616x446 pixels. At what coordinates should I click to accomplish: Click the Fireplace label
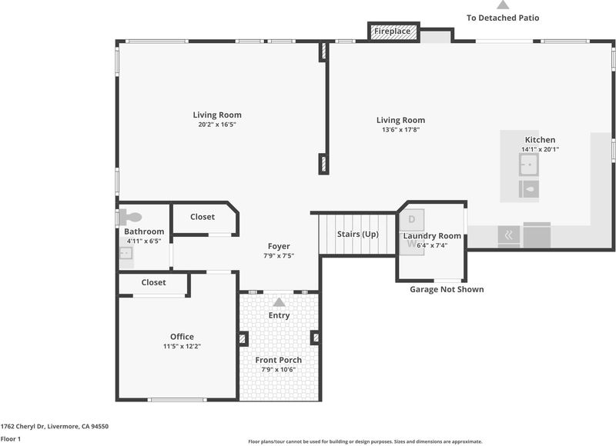click(x=392, y=31)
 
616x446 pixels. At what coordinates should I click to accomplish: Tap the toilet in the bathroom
click(x=130, y=217)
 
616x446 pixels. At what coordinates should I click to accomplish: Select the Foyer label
click(x=279, y=246)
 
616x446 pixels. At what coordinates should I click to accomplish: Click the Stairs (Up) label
click(x=357, y=235)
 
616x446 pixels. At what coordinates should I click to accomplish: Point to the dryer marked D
click(x=412, y=220)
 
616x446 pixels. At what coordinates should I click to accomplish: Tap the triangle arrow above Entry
click(x=279, y=302)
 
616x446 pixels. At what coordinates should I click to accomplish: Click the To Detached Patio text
click(x=503, y=18)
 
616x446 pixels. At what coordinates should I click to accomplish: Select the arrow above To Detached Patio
click(x=503, y=5)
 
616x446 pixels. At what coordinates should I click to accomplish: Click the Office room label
click(x=182, y=337)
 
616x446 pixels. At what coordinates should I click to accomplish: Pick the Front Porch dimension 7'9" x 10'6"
click(x=279, y=370)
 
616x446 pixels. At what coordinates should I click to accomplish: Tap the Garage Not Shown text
click(x=447, y=289)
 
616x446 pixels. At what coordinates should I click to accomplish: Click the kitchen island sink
click(x=528, y=165)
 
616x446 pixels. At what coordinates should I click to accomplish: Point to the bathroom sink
click(x=126, y=254)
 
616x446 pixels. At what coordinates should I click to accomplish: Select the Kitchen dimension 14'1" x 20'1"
click(x=541, y=149)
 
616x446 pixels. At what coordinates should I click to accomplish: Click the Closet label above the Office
click(x=153, y=282)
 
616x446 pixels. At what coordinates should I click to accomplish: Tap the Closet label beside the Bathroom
click(x=203, y=217)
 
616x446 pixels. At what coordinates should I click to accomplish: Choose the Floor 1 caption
click(x=11, y=439)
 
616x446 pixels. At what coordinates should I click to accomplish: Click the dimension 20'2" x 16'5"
click(x=217, y=125)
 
